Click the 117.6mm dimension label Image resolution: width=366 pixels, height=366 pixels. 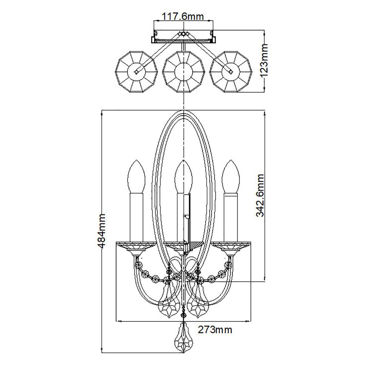[182, 17]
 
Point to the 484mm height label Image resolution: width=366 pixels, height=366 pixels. [101, 231]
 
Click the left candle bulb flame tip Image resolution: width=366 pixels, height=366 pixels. [136, 160]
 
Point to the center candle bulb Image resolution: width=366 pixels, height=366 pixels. [183, 177]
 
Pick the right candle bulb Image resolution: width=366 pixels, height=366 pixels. [231, 177]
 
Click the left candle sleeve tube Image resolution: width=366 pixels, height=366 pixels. [136, 217]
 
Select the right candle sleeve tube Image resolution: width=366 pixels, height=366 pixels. [231, 217]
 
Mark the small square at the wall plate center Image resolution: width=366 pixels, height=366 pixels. [183, 34]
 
